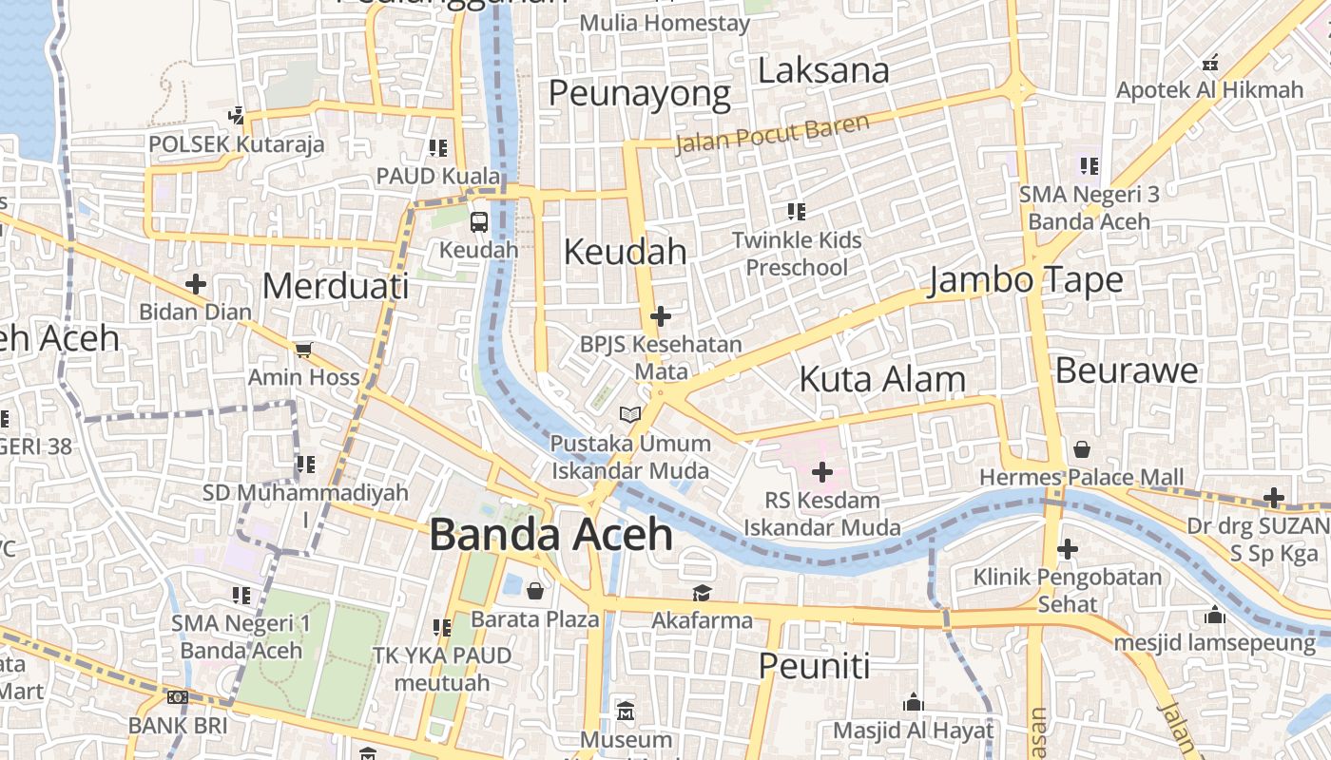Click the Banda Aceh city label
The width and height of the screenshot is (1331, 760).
point(551,535)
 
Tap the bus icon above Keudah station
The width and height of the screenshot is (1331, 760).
point(479,222)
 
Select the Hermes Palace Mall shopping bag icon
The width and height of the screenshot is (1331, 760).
point(1081,449)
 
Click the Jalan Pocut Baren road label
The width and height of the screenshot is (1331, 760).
point(772,134)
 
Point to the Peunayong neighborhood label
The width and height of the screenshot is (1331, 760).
point(639,94)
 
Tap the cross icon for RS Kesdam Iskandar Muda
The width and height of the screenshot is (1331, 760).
point(821,472)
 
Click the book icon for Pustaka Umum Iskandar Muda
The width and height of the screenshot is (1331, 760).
point(629,414)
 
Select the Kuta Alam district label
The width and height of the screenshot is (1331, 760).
point(882,379)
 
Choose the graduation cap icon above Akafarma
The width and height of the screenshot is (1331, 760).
point(702,593)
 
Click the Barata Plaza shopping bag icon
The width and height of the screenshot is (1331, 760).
point(535,591)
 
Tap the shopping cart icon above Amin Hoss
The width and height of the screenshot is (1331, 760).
point(303,350)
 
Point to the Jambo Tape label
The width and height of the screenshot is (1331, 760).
point(1026,280)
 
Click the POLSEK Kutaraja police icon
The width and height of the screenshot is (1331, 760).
point(237,116)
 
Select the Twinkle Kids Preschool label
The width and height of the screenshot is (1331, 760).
point(797,254)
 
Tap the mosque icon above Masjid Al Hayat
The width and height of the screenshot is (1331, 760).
point(913,702)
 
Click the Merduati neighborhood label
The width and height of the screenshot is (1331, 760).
point(336,286)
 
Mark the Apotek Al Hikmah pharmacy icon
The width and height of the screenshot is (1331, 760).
point(1210,63)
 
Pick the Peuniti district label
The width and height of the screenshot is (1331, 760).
point(814,666)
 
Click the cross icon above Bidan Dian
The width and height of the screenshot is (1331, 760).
point(196,284)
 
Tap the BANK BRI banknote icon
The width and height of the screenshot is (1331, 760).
point(178,697)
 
